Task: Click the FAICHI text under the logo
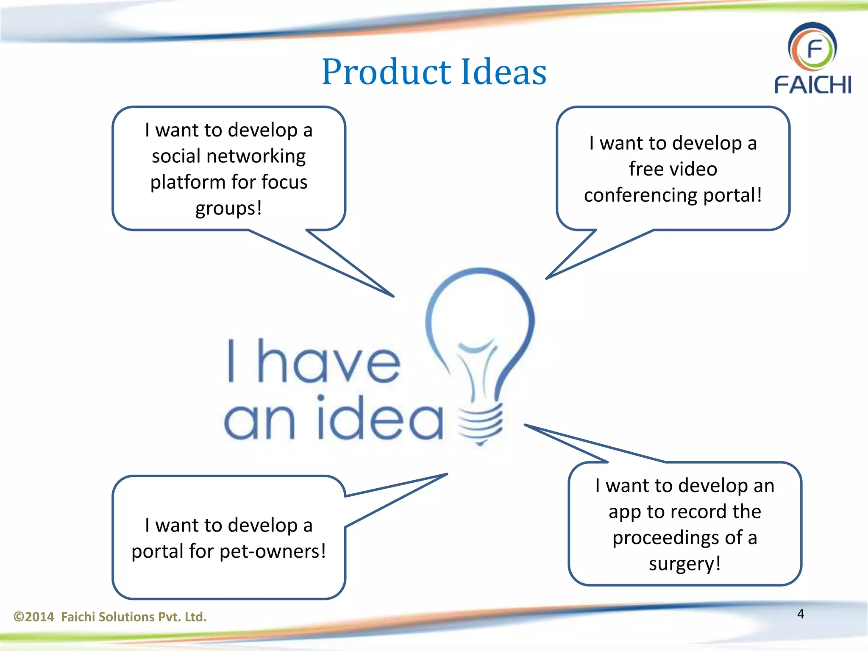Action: pyautogui.click(x=812, y=85)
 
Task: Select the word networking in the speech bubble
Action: pyautogui.click(x=256, y=156)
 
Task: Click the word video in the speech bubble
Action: pyautogui.click(x=696, y=169)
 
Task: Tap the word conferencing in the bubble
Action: pyautogui.click(x=640, y=195)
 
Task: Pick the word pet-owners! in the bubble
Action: pyautogui.click(x=273, y=551)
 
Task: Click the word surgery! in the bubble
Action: pyautogui.click(x=684, y=564)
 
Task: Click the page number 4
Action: pyautogui.click(x=801, y=614)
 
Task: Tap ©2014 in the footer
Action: pyautogui.click(x=34, y=617)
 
